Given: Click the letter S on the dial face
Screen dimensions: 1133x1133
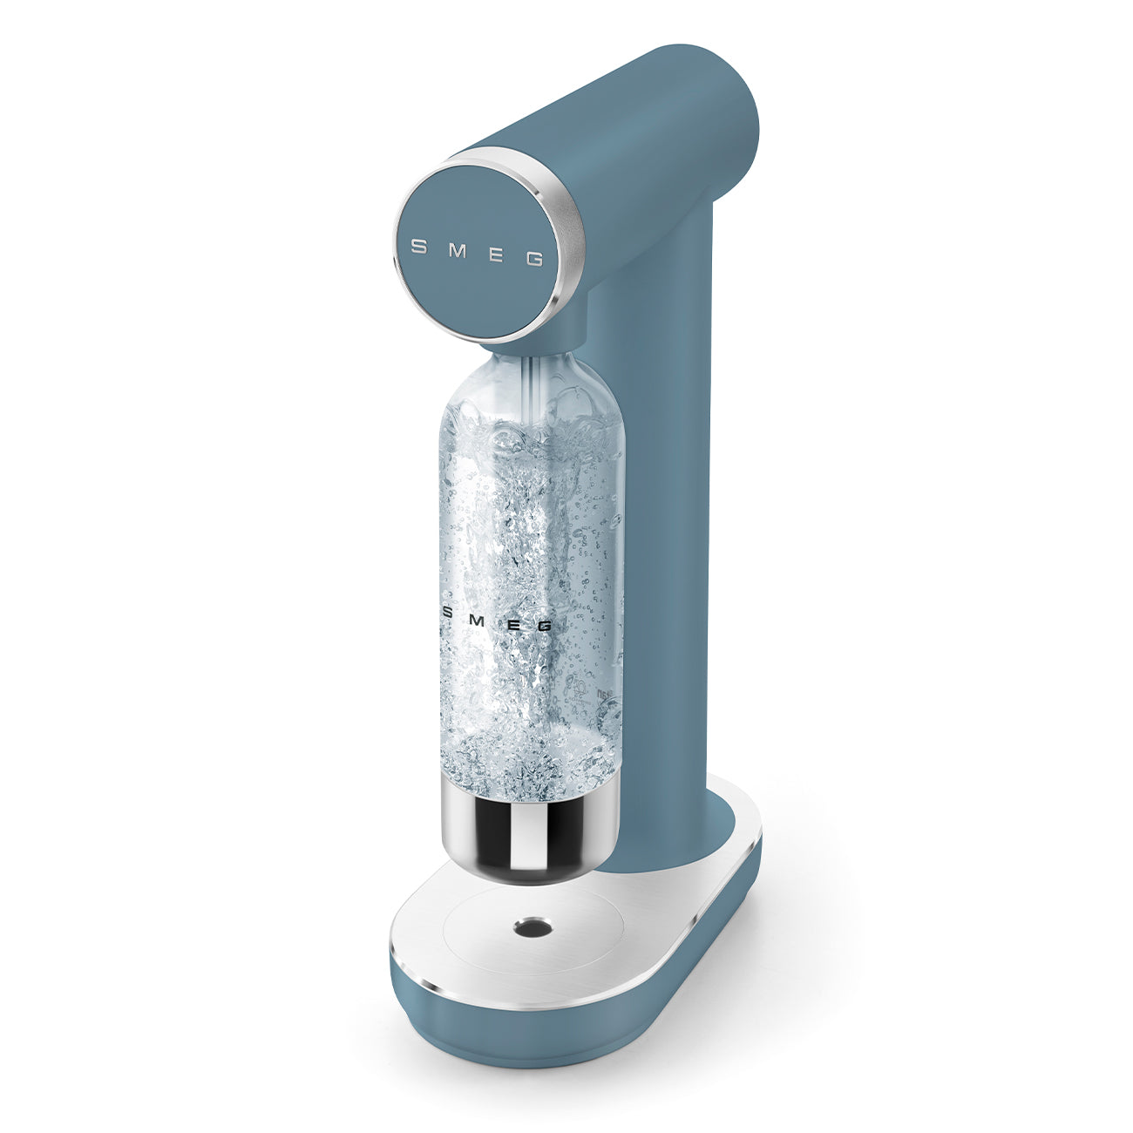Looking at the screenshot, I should [418, 247].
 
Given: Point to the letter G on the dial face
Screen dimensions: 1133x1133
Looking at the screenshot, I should [535, 259].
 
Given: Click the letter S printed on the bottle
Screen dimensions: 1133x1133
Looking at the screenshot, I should [448, 611].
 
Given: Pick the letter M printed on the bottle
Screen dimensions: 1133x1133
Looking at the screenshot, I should [479, 616].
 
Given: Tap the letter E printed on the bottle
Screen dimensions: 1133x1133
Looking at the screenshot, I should [512, 621].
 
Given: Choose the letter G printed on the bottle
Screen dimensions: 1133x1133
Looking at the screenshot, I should [544, 625].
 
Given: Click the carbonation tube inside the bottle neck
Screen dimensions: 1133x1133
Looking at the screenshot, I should [530, 383].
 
